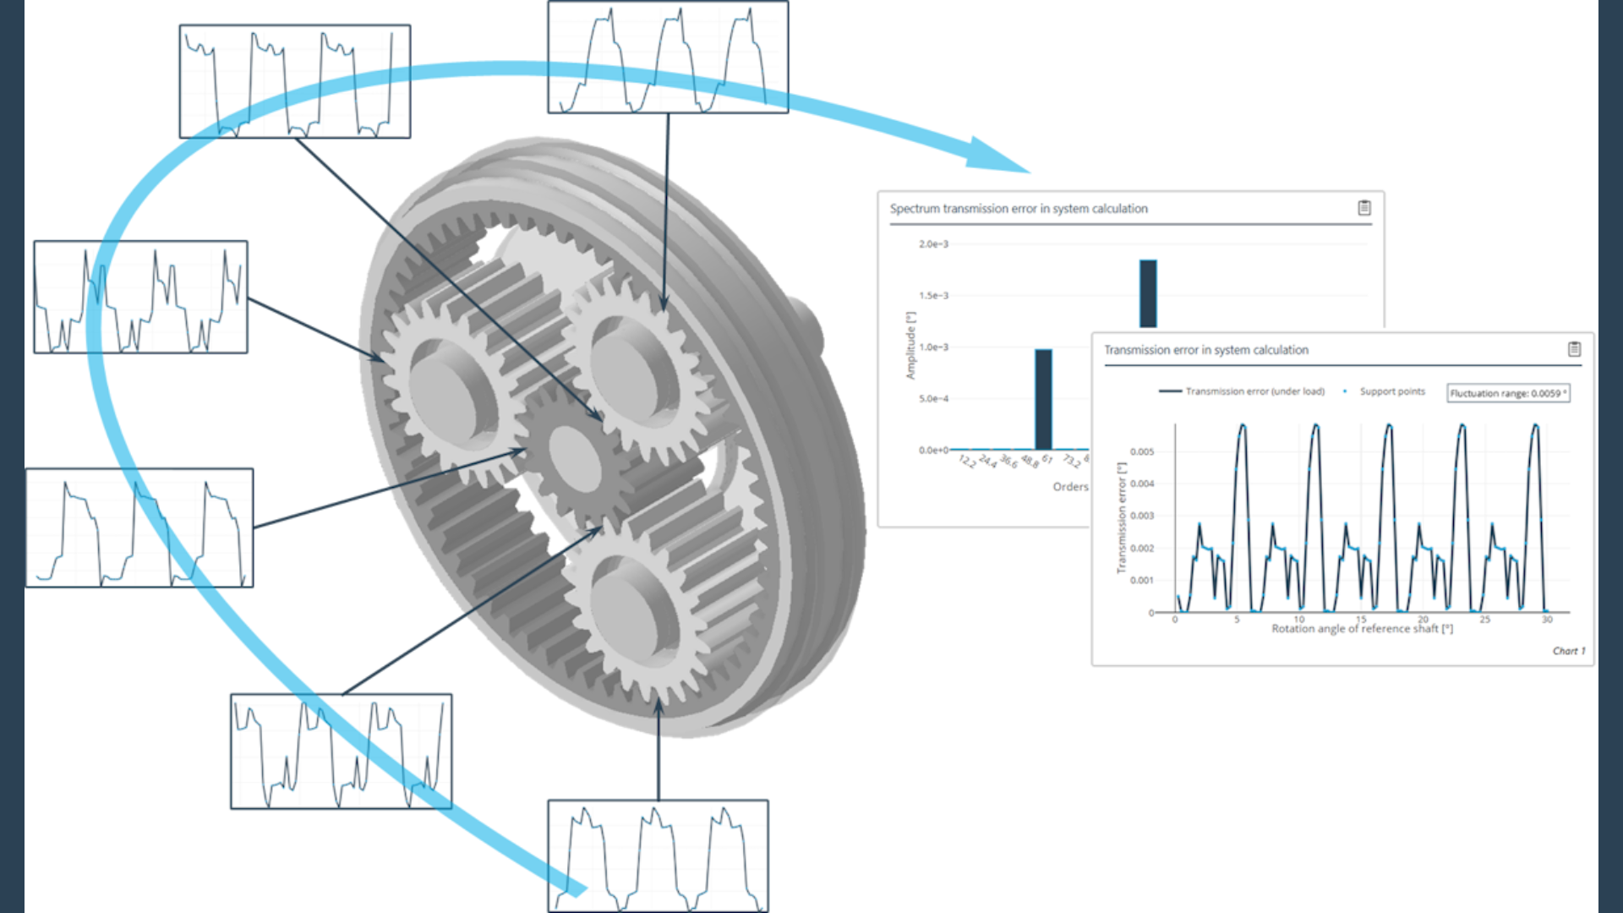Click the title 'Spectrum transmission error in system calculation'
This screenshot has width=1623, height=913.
[x=1018, y=209]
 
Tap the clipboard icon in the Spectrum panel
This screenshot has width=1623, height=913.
[x=1363, y=208]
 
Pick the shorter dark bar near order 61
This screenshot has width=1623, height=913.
[x=1043, y=399]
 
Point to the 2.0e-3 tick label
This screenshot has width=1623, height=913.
[x=933, y=244]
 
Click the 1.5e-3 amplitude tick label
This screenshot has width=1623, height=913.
[x=933, y=296]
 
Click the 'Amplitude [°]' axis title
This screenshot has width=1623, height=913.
[x=910, y=345]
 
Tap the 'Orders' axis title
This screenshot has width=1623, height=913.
[x=1070, y=487]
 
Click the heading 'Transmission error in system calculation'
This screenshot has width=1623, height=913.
[x=1205, y=350]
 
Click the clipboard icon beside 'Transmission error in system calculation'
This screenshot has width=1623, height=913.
[x=1574, y=349]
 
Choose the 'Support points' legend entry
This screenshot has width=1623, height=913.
[x=1391, y=391]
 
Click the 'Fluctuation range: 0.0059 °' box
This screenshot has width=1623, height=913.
[x=1508, y=393]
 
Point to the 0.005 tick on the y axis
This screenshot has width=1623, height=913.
[x=1141, y=451]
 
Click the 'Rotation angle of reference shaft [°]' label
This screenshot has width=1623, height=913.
[x=1362, y=629]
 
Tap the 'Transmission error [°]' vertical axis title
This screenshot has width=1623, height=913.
[x=1121, y=517]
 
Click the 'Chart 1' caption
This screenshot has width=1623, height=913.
[x=1568, y=651]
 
